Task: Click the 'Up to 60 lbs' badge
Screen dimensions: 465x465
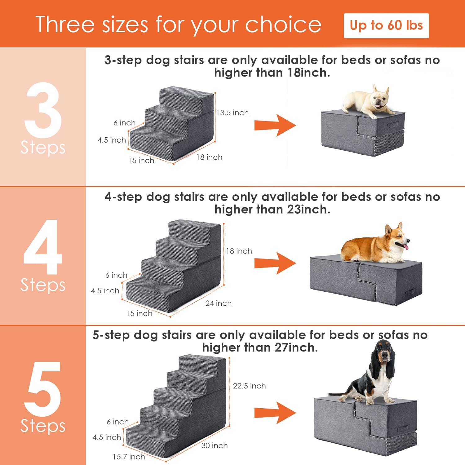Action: click(x=386, y=26)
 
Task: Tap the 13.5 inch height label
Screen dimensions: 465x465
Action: click(x=232, y=113)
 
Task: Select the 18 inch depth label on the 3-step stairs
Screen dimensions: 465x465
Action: click(x=209, y=157)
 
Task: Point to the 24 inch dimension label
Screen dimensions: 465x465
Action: click(x=218, y=303)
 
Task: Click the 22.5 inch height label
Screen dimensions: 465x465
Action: click(x=249, y=386)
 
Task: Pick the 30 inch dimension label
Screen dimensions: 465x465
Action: click(x=215, y=445)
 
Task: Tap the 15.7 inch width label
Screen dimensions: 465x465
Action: click(x=129, y=457)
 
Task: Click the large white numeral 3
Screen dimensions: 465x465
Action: click(x=43, y=110)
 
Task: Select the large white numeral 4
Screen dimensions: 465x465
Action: click(x=43, y=247)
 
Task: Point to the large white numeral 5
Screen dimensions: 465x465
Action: click(x=43, y=389)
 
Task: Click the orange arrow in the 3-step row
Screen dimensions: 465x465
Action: click(x=275, y=125)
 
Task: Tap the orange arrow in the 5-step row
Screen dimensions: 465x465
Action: click(x=275, y=413)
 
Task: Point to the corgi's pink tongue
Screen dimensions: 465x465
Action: click(x=405, y=247)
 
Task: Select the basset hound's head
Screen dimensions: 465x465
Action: click(x=383, y=356)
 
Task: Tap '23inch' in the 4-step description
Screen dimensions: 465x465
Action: click(x=306, y=210)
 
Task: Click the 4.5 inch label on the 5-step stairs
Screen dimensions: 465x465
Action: click(x=107, y=437)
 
